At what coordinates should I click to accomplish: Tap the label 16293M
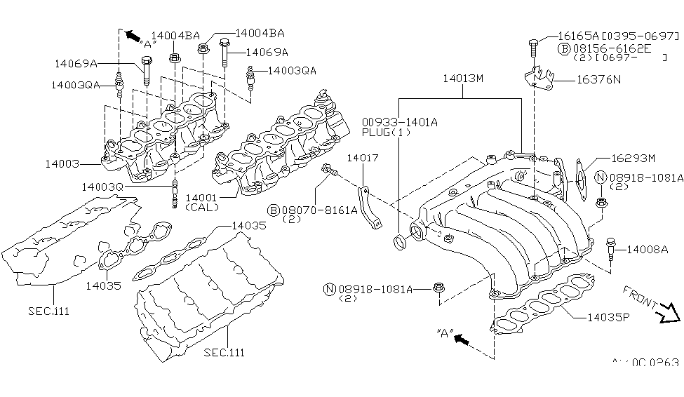(632, 159)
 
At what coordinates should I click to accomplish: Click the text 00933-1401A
(400, 121)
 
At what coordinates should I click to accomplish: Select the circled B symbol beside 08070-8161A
(272, 209)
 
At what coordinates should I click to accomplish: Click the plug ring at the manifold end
(400, 243)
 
